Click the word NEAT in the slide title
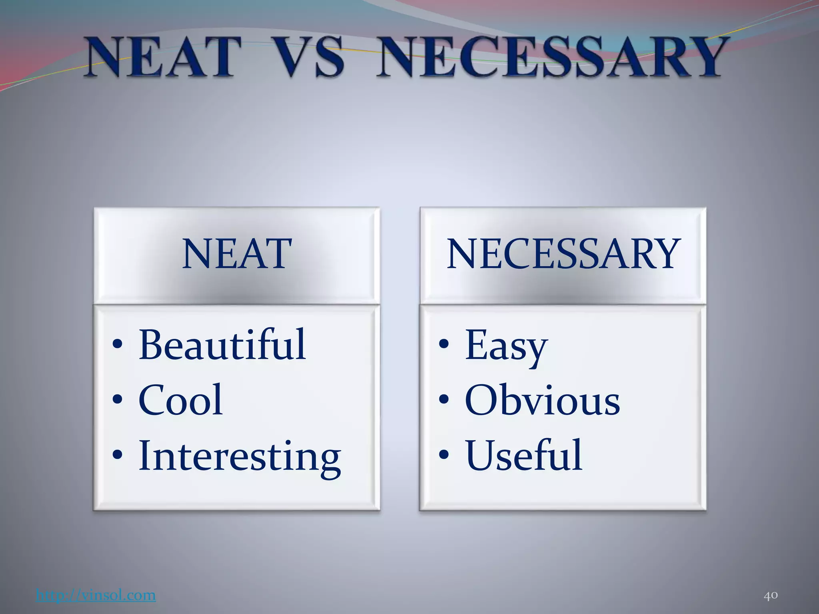click(x=163, y=57)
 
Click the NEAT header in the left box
click(x=237, y=253)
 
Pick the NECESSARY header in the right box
click(x=563, y=253)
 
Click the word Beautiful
click(x=222, y=345)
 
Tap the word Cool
click(x=180, y=400)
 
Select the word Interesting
click(x=240, y=456)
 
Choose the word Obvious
click(x=542, y=400)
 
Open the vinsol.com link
click(x=96, y=595)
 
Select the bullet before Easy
click(x=443, y=345)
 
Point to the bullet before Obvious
click(x=443, y=400)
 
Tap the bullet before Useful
click(x=443, y=455)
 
